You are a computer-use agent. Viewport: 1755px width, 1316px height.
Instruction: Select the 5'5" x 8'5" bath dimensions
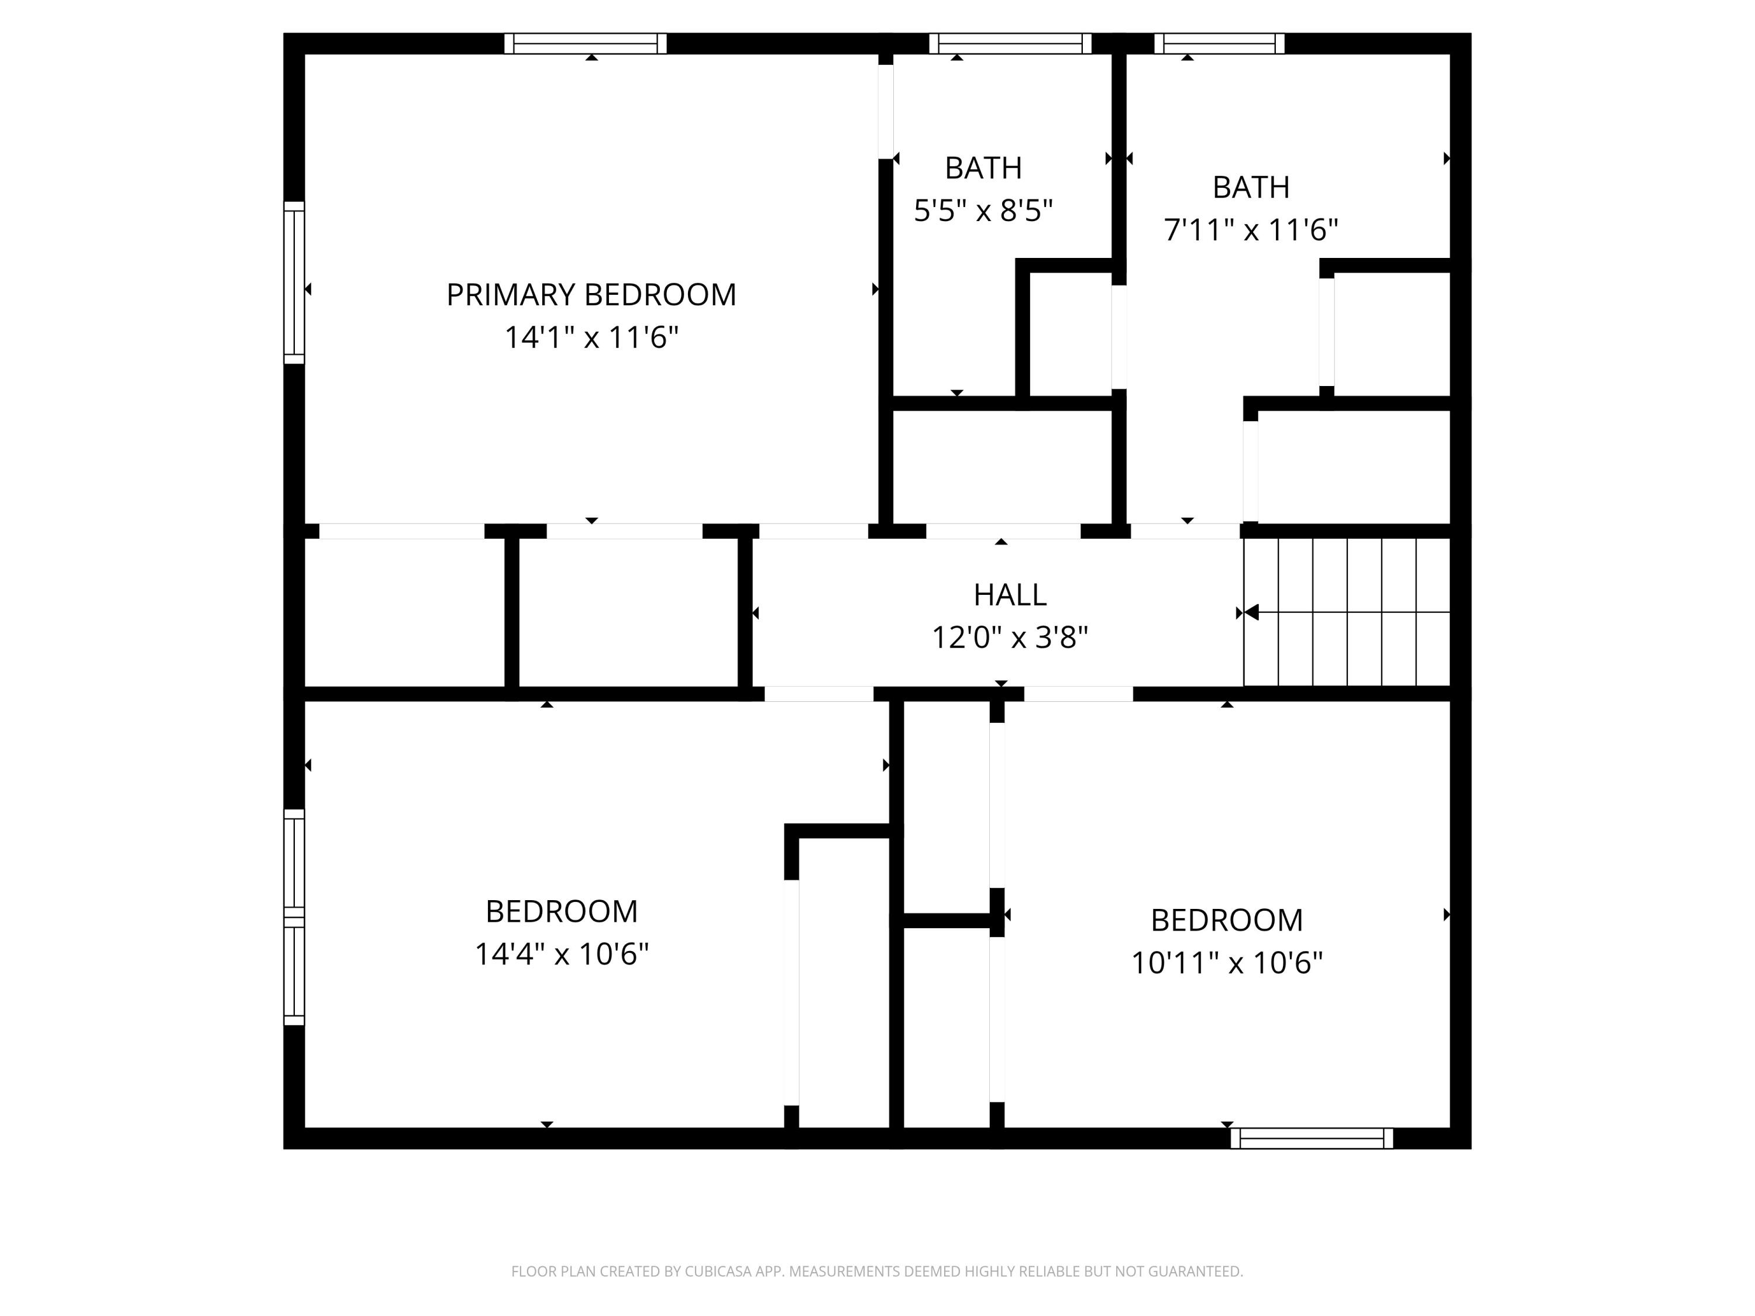pyautogui.click(x=983, y=211)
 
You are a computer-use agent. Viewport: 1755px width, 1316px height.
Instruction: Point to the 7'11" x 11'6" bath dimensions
pyautogui.click(x=1250, y=230)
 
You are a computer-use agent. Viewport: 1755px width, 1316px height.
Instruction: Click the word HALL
pyautogui.click(x=1009, y=595)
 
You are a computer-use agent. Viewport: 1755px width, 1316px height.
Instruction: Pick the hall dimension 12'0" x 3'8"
pyautogui.click(x=1009, y=637)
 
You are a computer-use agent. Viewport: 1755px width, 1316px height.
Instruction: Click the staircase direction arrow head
pyautogui.click(x=1251, y=612)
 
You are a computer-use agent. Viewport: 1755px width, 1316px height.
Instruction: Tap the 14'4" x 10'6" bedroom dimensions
pyautogui.click(x=562, y=953)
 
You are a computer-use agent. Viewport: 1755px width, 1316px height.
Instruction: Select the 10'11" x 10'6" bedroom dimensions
pyautogui.click(x=1227, y=963)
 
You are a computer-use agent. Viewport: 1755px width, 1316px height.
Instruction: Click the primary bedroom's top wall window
pyautogui.click(x=586, y=44)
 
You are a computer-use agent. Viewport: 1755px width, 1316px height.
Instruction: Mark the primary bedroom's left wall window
pyautogui.click(x=294, y=283)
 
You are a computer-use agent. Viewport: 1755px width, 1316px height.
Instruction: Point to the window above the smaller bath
pyautogui.click(x=1010, y=44)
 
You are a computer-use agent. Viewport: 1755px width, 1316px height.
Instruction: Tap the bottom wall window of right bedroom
pyautogui.click(x=1312, y=1138)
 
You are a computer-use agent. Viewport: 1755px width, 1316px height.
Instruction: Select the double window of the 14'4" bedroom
pyautogui.click(x=294, y=917)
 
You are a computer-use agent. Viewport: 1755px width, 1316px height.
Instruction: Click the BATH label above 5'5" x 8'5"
pyautogui.click(x=983, y=168)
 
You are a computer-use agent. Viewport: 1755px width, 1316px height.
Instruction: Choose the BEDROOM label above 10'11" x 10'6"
pyautogui.click(x=1227, y=920)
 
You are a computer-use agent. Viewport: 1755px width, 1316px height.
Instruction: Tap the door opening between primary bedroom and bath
pyautogui.click(x=886, y=112)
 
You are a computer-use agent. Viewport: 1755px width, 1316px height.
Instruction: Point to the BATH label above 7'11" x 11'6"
pyautogui.click(x=1250, y=187)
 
